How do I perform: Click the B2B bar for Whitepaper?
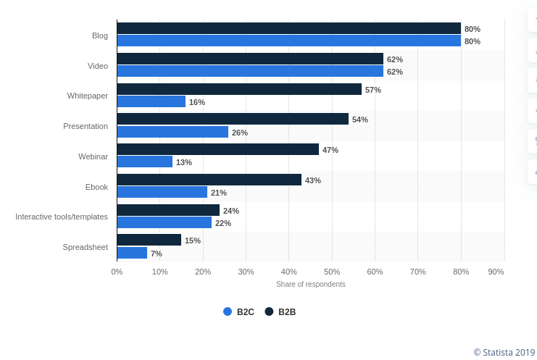pos(239,89)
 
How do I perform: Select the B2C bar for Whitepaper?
pos(151,101)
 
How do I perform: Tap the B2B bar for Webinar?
pos(217,149)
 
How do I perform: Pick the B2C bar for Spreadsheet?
pos(132,253)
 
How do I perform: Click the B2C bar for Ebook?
pos(162,192)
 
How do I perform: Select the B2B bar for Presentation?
pos(233,119)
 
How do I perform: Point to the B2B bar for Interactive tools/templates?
pos(168,210)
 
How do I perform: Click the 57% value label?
pos(372,90)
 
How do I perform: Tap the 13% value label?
pos(184,162)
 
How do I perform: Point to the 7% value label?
pos(156,254)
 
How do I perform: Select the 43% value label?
pos(312,180)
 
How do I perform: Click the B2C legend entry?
pos(238,312)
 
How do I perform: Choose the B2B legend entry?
pos(280,312)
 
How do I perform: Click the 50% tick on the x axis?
pos(332,272)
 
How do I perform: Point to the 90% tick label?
pos(496,272)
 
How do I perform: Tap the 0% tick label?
pos(117,272)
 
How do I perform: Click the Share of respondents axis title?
pos(310,284)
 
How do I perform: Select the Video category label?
pos(98,66)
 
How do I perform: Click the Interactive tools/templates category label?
pos(62,217)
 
